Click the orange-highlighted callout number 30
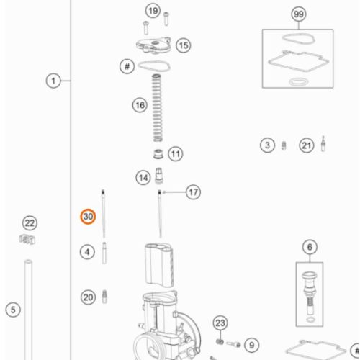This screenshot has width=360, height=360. [x=88, y=217]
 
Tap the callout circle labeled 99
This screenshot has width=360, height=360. [x=299, y=14]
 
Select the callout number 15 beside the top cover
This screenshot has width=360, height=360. [x=184, y=45]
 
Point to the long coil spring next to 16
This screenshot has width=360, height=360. [x=157, y=108]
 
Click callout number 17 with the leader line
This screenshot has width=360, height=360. [x=194, y=192]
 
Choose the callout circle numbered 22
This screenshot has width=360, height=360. [x=30, y=223]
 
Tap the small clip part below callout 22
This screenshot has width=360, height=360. [x=27, y=240]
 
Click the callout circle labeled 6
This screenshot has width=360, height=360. [x=310, y=247]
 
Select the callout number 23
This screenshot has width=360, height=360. [x=220, y=323]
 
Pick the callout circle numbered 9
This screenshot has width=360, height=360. [x=251, y=345]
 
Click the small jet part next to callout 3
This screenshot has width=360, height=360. [x=284, y=145]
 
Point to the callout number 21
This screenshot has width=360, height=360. [x=307, y=145]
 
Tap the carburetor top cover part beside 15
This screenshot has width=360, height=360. [x=153, y=45]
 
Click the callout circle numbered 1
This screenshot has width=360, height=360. [x=53, y=81]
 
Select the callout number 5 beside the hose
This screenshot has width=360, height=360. [x=13, y=310]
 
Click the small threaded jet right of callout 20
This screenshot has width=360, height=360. [x=104, y=297]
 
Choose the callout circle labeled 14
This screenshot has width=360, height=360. [x=143, y=178]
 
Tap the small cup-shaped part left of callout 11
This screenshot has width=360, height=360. [x=158, y=154]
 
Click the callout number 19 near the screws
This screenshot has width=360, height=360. [x=153, y=11]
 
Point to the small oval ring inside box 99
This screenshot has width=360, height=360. [x=299, y=81]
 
